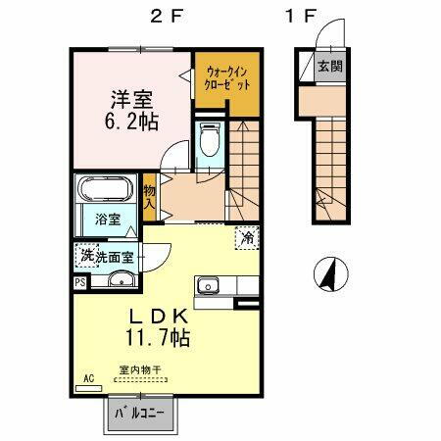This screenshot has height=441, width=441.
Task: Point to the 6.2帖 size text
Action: [x=129, y=123]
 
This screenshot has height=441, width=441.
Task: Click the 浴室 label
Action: [x=108, y=220]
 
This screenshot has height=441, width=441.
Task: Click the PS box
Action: [x=79, y=282]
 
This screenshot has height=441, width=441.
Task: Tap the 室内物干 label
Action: [x=140, y=370]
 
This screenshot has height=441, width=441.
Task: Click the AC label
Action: [x=87, y=377]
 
